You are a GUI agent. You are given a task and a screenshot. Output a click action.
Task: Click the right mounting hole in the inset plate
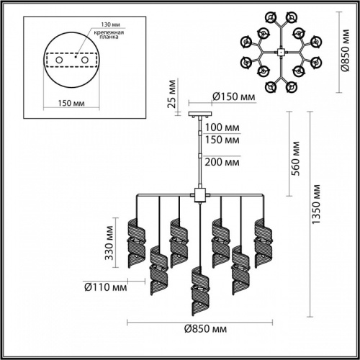coord(84,60)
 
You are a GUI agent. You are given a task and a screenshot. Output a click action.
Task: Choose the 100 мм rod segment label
coord(222,127)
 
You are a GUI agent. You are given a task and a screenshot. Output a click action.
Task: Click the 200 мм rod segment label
coord(222,163)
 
